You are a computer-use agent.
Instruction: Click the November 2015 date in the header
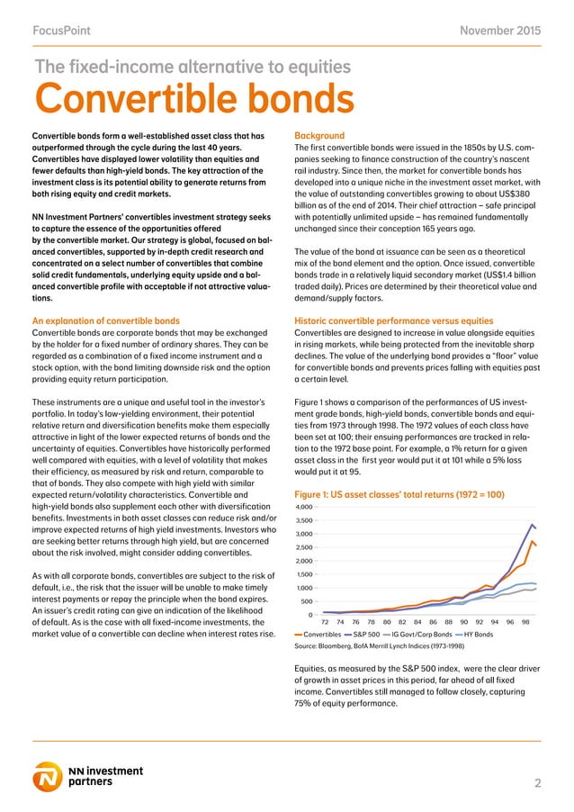[500, 32]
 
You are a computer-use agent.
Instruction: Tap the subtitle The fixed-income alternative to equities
[191, 66]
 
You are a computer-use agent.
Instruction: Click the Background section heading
[324, 138]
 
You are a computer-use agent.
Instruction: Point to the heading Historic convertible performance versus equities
[394, 320]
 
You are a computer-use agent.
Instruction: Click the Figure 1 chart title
[399, 495]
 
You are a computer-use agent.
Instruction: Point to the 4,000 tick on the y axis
[306, 508]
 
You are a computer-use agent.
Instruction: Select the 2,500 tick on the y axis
[306, 547]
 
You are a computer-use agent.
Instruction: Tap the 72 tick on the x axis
[325, 621]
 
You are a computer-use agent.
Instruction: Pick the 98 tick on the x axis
[525, 621]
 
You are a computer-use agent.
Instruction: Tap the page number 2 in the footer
[537, 783]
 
